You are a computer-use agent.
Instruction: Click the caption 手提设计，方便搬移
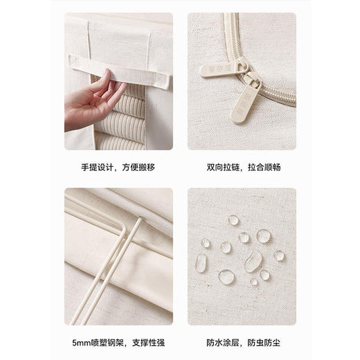(118, 167)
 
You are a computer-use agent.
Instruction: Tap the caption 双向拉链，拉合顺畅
(244, 167)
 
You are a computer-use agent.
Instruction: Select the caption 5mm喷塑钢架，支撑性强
(118, 343)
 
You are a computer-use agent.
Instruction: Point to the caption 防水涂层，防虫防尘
(244, 343)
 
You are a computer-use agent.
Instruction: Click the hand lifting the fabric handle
(92, 102)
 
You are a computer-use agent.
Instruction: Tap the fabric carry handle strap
(120, 71)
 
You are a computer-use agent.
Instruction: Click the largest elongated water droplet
(253, 262)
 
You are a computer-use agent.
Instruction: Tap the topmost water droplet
(233, 220)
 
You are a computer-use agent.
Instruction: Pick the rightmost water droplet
(279, 255)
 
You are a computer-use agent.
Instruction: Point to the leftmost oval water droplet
(201, 263)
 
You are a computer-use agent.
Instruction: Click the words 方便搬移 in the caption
(138, 167)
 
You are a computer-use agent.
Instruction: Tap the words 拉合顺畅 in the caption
(264, 167)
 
